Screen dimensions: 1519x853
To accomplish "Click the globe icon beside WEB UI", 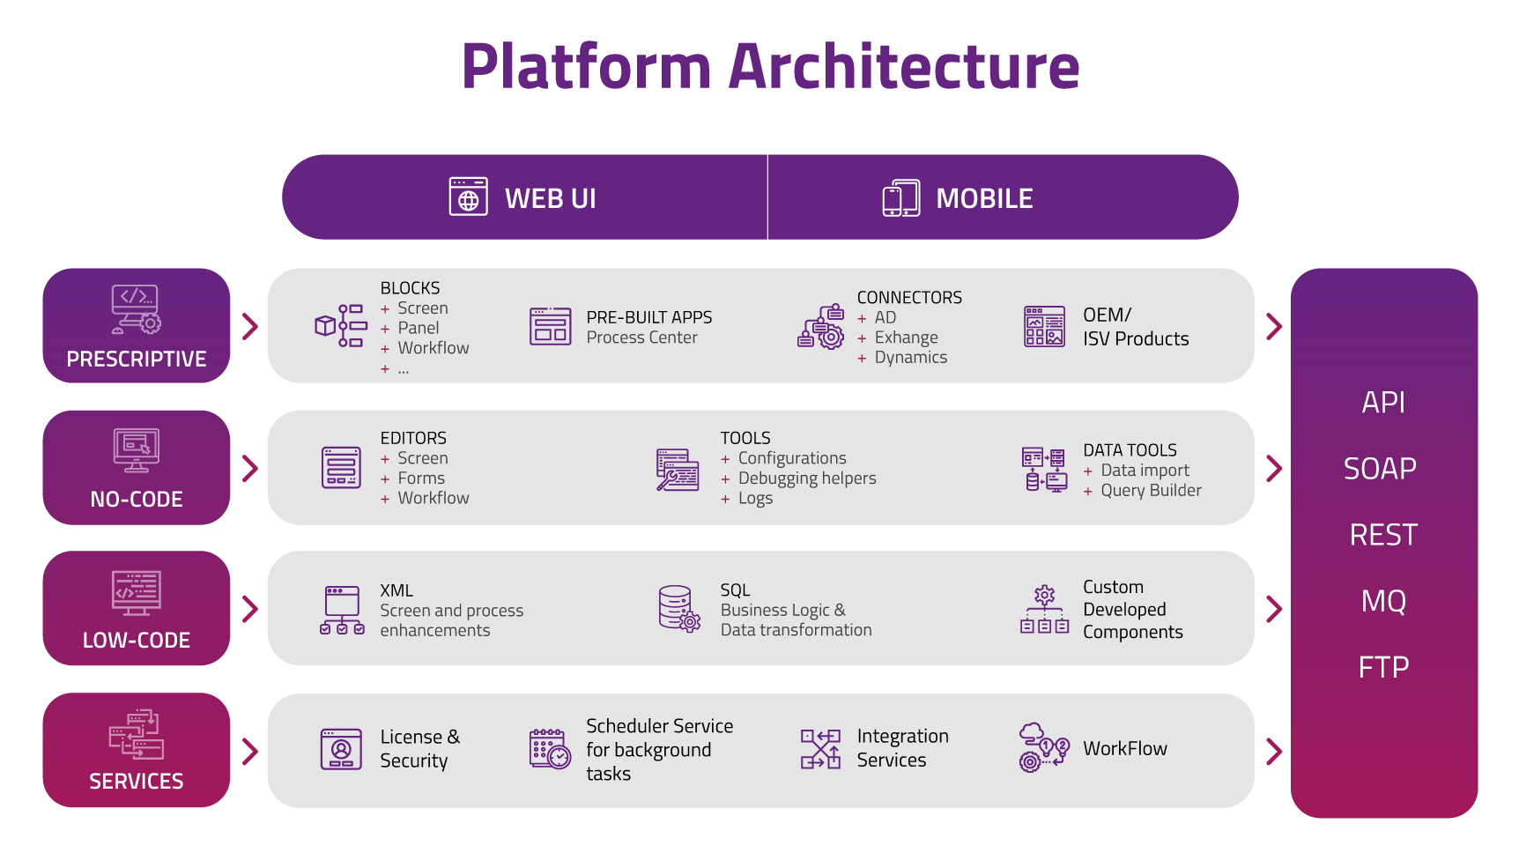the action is (468, 197).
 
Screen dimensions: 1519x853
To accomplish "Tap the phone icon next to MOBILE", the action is (900, 197).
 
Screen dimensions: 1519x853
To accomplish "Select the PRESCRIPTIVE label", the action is (137, 360).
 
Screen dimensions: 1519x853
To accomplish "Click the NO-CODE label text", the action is (137, 500).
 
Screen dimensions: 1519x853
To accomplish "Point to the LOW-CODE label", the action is (137, 641).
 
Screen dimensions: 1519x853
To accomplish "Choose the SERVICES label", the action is (137, 782).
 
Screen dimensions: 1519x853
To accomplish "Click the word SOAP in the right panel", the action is (1380, 469).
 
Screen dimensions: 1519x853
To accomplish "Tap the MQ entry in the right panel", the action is (1383, 601).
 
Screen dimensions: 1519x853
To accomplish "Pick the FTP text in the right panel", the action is (1383, 667).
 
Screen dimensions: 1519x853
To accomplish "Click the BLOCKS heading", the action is (410, 288).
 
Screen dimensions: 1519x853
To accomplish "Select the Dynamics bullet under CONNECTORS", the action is (911, 357).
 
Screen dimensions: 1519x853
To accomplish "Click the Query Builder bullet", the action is (1151, 490).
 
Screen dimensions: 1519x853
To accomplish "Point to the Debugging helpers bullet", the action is (807, 478).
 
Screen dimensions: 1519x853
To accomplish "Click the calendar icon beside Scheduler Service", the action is (550, 748).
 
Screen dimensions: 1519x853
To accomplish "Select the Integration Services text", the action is (903, 748).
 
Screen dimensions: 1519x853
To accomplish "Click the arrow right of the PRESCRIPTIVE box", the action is (250, 326).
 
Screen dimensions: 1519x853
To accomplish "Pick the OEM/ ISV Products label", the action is (1136, 327).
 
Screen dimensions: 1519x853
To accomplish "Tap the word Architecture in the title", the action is (904, 67).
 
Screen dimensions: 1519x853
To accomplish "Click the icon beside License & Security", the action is (341, 749).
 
